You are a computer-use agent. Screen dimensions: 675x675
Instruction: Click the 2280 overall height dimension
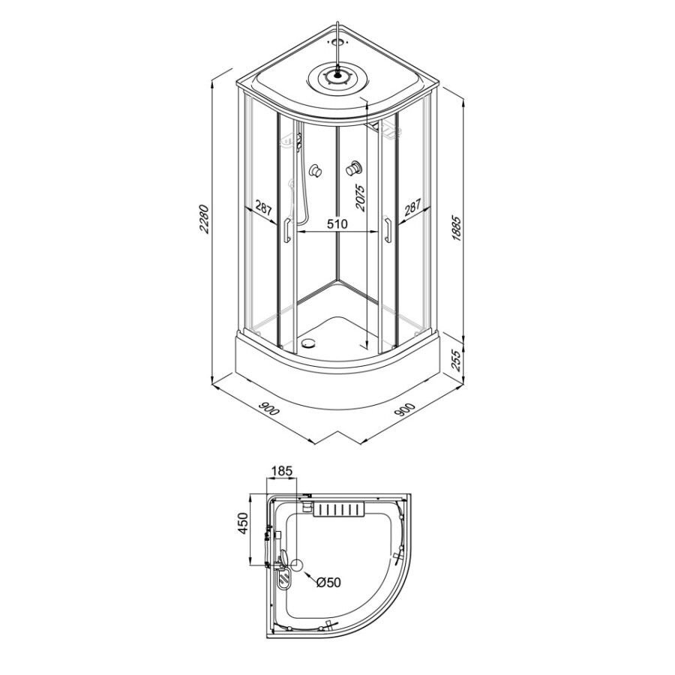[203, 219]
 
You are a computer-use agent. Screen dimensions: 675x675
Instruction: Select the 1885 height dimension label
[457, 228]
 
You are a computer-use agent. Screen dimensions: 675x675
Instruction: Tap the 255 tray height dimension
[457, 361]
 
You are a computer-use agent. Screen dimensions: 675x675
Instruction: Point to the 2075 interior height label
[360, 197]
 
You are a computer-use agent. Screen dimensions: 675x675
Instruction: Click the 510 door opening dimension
[337, 223]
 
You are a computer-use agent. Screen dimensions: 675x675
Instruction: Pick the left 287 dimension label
[263, 208]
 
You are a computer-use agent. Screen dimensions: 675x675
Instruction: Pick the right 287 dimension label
[412, 208]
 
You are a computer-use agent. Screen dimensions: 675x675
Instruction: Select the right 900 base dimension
[405, 409]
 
